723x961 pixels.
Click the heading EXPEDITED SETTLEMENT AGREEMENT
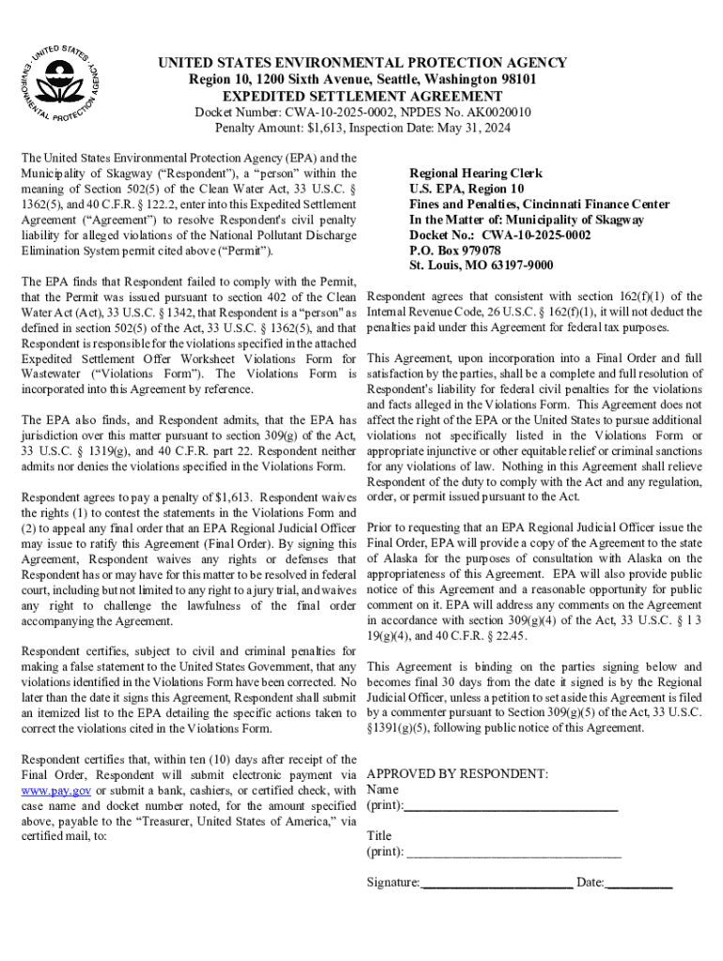(x=361, y=97)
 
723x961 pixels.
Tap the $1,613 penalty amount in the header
(x=317, y=128)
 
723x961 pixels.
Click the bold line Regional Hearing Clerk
(x=475, y=174)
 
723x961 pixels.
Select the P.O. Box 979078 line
(x=454, y=250)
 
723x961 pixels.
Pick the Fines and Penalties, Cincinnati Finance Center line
(x=539, y=204)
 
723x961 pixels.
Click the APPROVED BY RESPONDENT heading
(x=457, y=774)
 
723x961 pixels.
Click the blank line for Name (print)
(x=511, y=806)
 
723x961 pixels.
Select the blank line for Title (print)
(x=514, y=852)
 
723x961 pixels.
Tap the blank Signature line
(x=497, y=883)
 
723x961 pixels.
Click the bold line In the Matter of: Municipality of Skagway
(x=527, y=220)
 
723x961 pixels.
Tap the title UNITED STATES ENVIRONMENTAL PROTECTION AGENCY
(x=361, y=64)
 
